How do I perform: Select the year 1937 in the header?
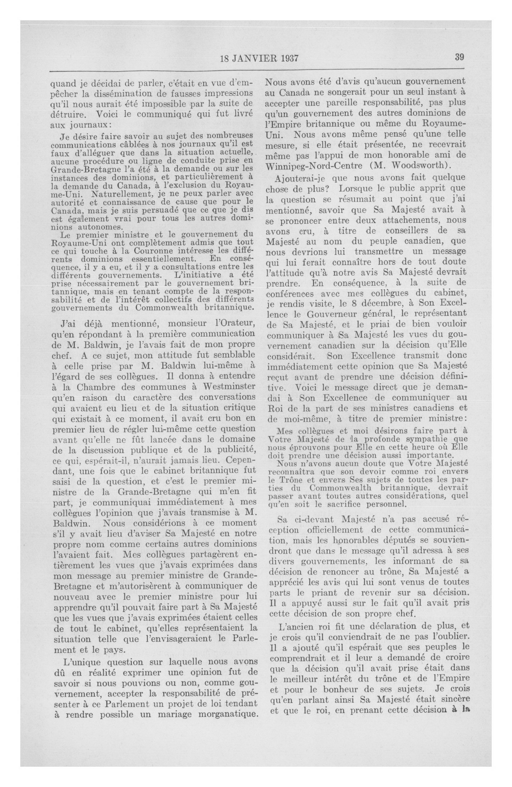(287, 58)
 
